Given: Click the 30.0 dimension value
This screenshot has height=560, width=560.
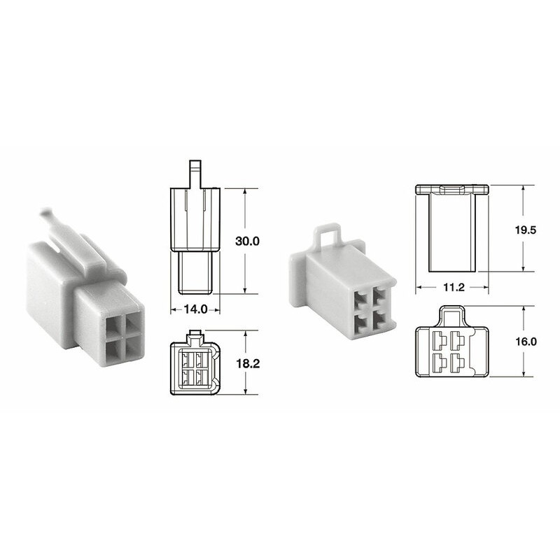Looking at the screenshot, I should tap(247, 241).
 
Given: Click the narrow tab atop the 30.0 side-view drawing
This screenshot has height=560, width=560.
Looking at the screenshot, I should tap(195, 172).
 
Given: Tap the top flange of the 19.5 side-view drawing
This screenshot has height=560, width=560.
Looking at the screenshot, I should tap(451, 189).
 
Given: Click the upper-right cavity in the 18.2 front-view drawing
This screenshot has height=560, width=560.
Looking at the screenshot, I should tap(202, 360).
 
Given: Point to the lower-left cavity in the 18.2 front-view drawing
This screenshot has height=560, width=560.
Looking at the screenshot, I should tap(188, 378).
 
